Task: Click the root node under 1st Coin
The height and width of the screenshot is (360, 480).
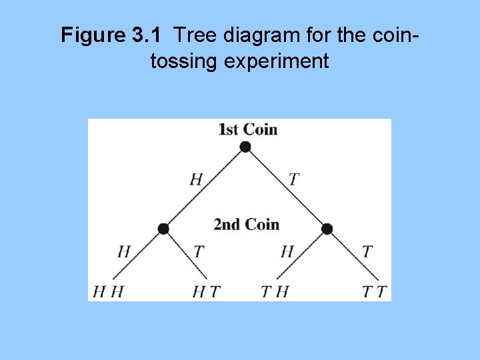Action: tap(245, 147)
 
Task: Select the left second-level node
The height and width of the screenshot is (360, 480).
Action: tap(163, 229)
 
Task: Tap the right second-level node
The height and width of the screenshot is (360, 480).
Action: tap(327, 229)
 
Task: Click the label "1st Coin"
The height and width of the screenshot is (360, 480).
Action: tap(247, 129)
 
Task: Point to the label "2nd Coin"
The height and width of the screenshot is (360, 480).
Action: tap(246, 225)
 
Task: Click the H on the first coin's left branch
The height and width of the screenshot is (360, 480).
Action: tap(196, 179)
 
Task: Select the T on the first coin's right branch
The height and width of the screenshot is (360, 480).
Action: tap(293, 179)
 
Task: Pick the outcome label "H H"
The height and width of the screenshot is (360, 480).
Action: tap(109, 291)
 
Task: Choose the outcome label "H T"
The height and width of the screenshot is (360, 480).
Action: tap(206, 291)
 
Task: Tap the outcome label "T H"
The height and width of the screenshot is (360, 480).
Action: tap(275, 291)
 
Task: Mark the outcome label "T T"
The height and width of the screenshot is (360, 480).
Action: tap(374, 291)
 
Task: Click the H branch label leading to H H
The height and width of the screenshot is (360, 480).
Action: tap(124, 252)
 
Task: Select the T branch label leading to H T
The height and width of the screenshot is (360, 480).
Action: tap(198, 252)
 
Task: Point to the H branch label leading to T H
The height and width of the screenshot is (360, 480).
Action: tap(287, 252)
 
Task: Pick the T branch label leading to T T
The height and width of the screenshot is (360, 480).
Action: tap(367, 252)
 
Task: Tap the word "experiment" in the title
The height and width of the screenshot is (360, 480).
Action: tap(277, 61)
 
